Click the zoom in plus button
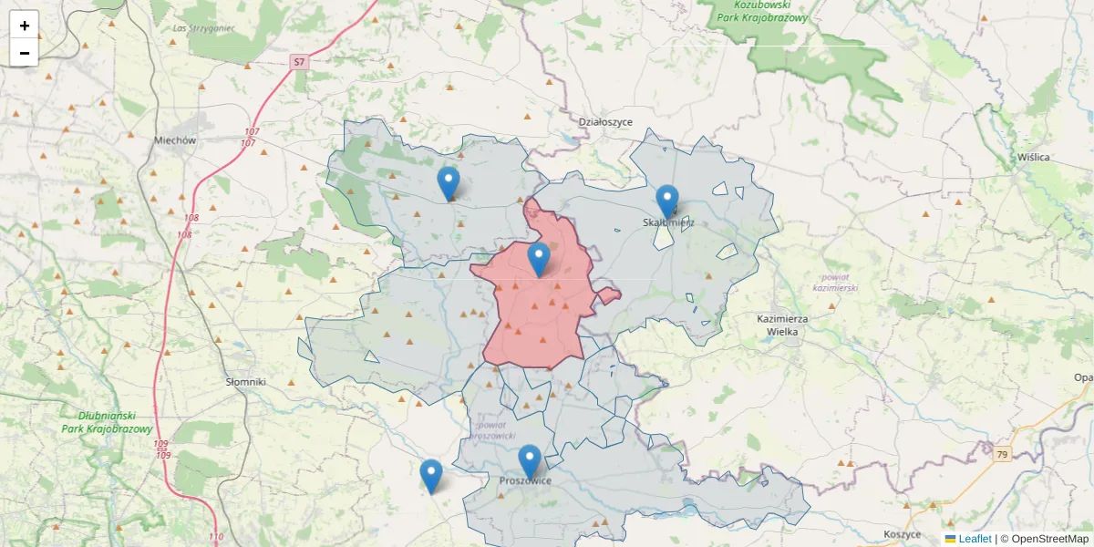pyautogui.click(x=25, y=26)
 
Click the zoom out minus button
pyautogui.click(x=25, y=53)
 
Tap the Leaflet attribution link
pyautogui.click(x=975, y=539)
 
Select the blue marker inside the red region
pyautogui.click(x=539, y=258)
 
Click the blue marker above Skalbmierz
pyautogui.click(x=667, y=200)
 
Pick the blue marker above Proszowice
pyautogui.click(x=530, y=459)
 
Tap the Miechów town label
pyautogui.click(x=175, y=140)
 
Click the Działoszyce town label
pyautogui.click(x=605, y=121)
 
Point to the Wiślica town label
pyautogui.click(x=1034, y=157)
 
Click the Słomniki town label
pyautogui.click(x=245, y=382)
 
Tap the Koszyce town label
pyautogui.click(x=903, y=533)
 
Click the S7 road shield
pyautogui.click(x=299, y=62)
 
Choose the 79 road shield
pyautogui.click(x=1003, y=455)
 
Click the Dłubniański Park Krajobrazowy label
pyautogui.click(x=107, y=422)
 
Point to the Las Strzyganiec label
pyautogui.click(x=203, y=28)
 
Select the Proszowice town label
pyautogui.click(x=525, y=481)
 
